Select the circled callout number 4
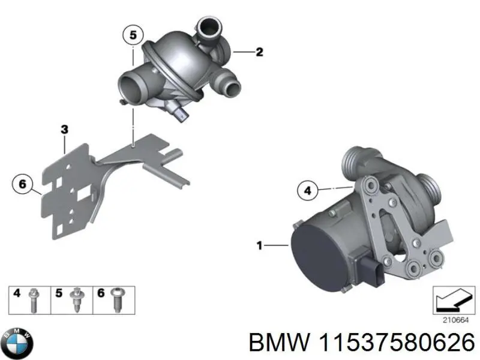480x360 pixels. [x=307, y=191]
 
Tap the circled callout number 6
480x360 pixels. [x=22, y=184]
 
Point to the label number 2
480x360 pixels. [x=259, y=52]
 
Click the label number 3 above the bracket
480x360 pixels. [x=64, y=129]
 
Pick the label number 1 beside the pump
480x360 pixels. [x=259, y=245]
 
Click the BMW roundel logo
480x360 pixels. [x=17, y=344]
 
